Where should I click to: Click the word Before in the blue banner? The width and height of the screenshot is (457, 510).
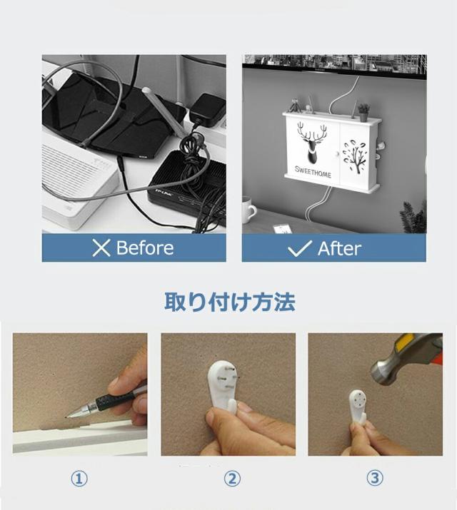point(144,248)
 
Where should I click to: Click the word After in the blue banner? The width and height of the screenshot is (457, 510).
point(339,248)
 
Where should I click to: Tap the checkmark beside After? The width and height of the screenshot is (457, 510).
point(299,248)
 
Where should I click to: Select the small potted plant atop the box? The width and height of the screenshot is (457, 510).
point(363,112)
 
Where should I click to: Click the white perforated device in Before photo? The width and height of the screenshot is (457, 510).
point(71,178)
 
